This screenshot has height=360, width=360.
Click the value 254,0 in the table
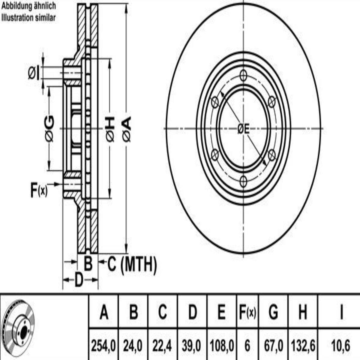[103, 345]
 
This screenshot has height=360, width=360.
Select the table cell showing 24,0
[133, 345]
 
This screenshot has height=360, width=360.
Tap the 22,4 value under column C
[162, 345]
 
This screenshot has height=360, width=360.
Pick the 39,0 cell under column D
[192, 345]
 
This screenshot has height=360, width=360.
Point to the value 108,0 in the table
[222, 345]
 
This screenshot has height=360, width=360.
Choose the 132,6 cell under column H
[303, 345]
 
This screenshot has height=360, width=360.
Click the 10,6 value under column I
[340, 345]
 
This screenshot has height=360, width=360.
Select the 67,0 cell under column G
[273, 345]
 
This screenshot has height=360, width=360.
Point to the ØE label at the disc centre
[243, 129]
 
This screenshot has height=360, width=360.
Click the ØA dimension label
[127, 128]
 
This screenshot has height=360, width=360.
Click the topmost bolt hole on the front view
[243, 76]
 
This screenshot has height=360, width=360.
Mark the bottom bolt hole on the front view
[243, 181]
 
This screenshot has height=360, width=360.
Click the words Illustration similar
[28, 18]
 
